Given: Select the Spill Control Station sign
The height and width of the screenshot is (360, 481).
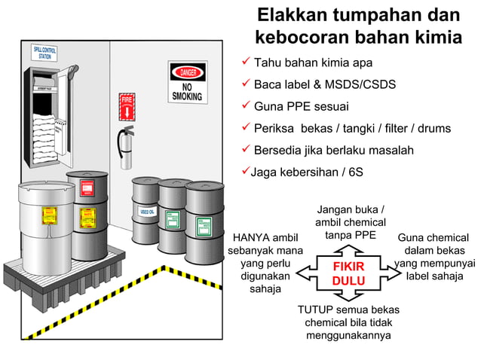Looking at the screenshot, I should point(44,53).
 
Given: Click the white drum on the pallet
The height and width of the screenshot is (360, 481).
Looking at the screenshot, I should point(47,225).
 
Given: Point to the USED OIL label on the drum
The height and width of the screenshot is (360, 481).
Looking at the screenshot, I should point(146,212).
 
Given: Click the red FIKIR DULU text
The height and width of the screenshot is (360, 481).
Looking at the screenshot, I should point(348,274).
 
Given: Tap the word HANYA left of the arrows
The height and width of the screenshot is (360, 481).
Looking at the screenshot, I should point(252,238).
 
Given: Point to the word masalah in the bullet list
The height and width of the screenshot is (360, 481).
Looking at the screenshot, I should point(389,150).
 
